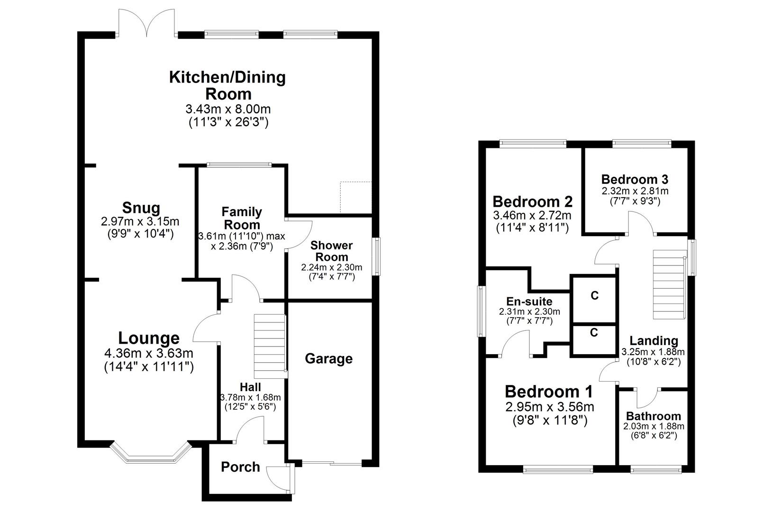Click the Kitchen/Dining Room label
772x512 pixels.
[227, 84]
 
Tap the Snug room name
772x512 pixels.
[141, 208]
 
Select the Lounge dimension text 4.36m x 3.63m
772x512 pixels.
[148, 353]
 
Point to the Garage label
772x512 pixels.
[328, 358]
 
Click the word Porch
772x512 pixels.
[240, 467]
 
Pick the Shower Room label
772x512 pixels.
[331, 251]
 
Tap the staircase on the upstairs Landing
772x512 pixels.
[669, 284]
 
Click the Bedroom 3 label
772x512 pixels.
[635, 179]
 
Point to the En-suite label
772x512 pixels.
[529, 301]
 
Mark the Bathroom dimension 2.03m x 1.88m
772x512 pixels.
[654, 426]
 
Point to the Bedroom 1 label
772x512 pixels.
[549, 392]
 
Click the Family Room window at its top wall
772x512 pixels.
[239, 165]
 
